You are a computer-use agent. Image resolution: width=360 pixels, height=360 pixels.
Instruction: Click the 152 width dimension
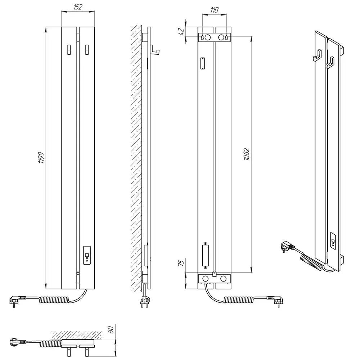coord(78,7)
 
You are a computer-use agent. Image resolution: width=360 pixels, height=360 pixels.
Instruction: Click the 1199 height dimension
coord(41,158)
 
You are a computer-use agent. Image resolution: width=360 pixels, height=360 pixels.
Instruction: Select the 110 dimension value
coord(214,10)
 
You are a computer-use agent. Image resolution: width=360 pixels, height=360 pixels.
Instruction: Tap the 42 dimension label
coord(181,31)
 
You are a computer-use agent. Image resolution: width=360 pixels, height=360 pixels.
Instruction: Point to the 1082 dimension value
coord(247,154)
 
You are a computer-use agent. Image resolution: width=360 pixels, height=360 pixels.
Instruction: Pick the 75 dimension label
coord(181,263)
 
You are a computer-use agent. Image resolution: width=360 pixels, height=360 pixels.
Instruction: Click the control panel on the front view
coord(87,255)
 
